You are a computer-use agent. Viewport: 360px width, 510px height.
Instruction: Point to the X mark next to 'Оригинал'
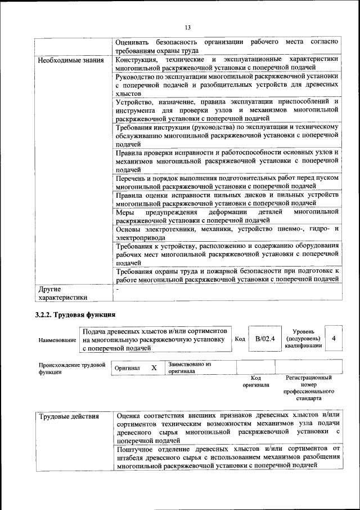coord(154,367)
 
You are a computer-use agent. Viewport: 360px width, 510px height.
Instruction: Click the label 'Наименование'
coord(57,340)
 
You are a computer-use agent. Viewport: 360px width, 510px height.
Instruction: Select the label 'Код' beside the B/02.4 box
coord(240,339)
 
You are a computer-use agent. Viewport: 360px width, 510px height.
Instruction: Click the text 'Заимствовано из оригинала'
coord(190,367)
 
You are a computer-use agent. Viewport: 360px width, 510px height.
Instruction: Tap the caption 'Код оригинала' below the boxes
coord(256,381)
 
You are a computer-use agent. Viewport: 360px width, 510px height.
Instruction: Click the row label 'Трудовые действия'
coord(69,417)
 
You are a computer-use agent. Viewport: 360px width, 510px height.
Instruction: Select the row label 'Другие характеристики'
coord(62,293)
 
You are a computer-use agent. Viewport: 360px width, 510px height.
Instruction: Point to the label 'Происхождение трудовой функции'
coord(72,368)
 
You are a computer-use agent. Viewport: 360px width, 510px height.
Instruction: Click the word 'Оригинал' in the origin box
coord(127,368)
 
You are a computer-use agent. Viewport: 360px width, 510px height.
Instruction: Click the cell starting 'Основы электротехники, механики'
coord(227,233)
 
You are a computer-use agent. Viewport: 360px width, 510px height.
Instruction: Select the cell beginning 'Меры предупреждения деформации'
coord(227,216)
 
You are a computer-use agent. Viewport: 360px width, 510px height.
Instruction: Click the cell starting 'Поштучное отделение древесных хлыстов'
coord(227,457)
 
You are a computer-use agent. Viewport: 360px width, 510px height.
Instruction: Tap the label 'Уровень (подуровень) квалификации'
coord(304,339)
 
